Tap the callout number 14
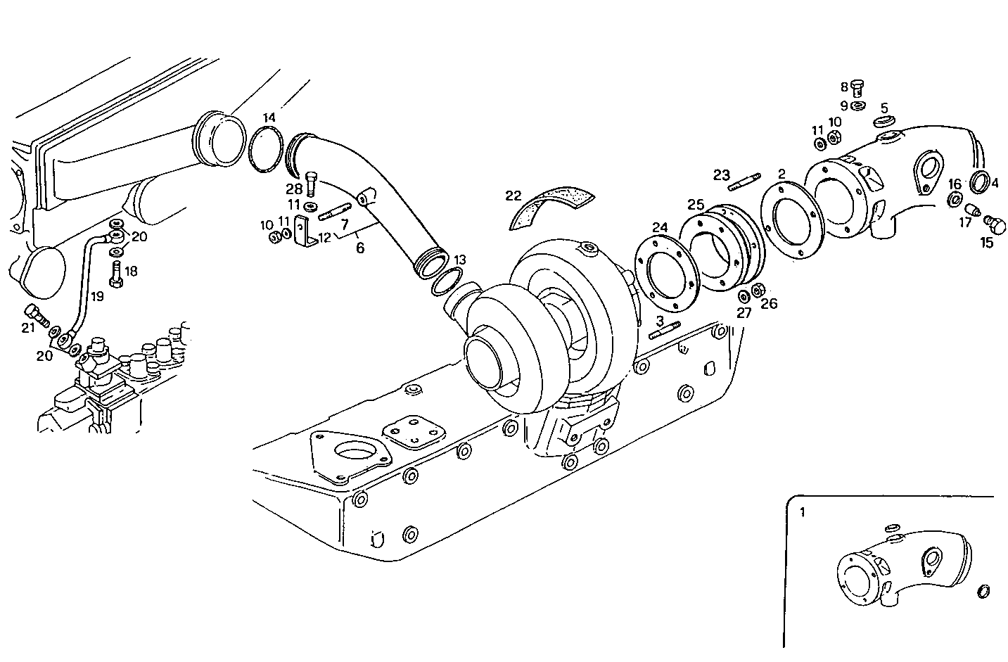(x=270, y=117)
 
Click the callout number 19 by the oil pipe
(x=96, y=296)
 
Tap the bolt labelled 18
(x=117, y=276)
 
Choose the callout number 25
(x=696, y=204)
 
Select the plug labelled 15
(x=996, y=225)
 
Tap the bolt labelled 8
(x=857, y=88)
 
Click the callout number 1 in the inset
(x=803, y=512)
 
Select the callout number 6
(x=360, y=248)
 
